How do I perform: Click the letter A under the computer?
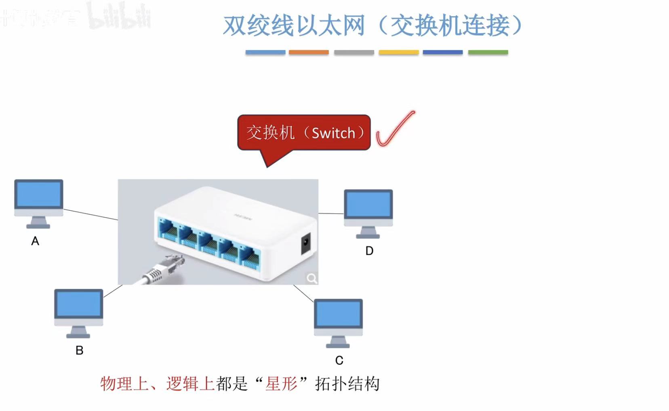click(x=35, y=241)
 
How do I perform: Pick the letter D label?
click(x=369, y=251)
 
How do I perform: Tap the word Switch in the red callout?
click(x=333, y=133)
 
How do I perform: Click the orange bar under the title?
click(x=309, y=52)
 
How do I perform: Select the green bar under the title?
click(x=488, y=52)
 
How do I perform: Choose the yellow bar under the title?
click(x=398, y=52)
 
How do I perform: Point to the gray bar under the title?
click(x=354, y=52)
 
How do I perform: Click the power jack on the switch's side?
click(x=306, y=243)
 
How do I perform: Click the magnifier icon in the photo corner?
click(x=311, y=278)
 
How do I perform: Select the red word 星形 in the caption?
click(x=281, y=384)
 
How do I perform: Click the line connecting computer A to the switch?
click(x=90, y=214)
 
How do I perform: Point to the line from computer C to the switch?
click(x=303, y=293)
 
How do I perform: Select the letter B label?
click(x=80, y=350)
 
